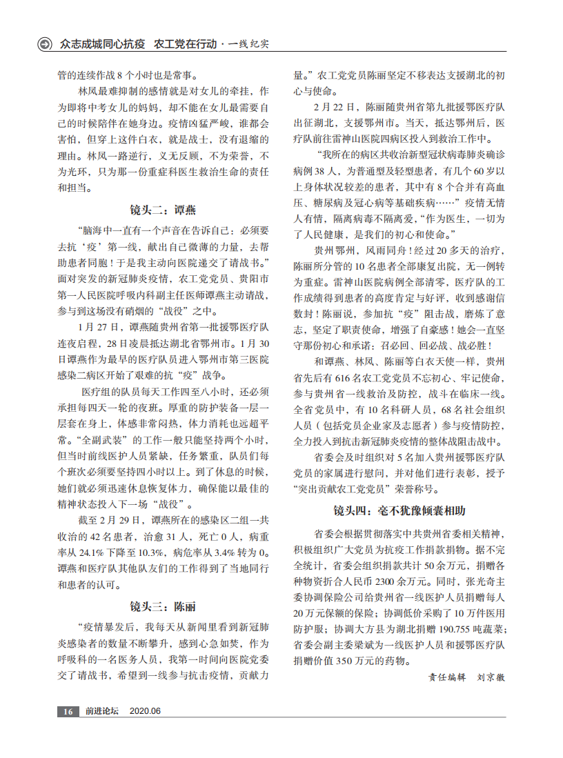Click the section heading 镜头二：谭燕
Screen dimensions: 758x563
point(163,210)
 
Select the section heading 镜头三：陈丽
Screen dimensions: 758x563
point(163,606)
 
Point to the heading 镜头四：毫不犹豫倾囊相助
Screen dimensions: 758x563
point(399,511)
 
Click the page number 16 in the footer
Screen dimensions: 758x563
point(68,711)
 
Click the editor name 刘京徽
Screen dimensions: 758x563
point(491,677)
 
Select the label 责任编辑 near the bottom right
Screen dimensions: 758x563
point(448,677)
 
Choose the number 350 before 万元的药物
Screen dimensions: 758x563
point(367,660)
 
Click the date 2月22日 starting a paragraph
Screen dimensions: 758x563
point(335,107)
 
